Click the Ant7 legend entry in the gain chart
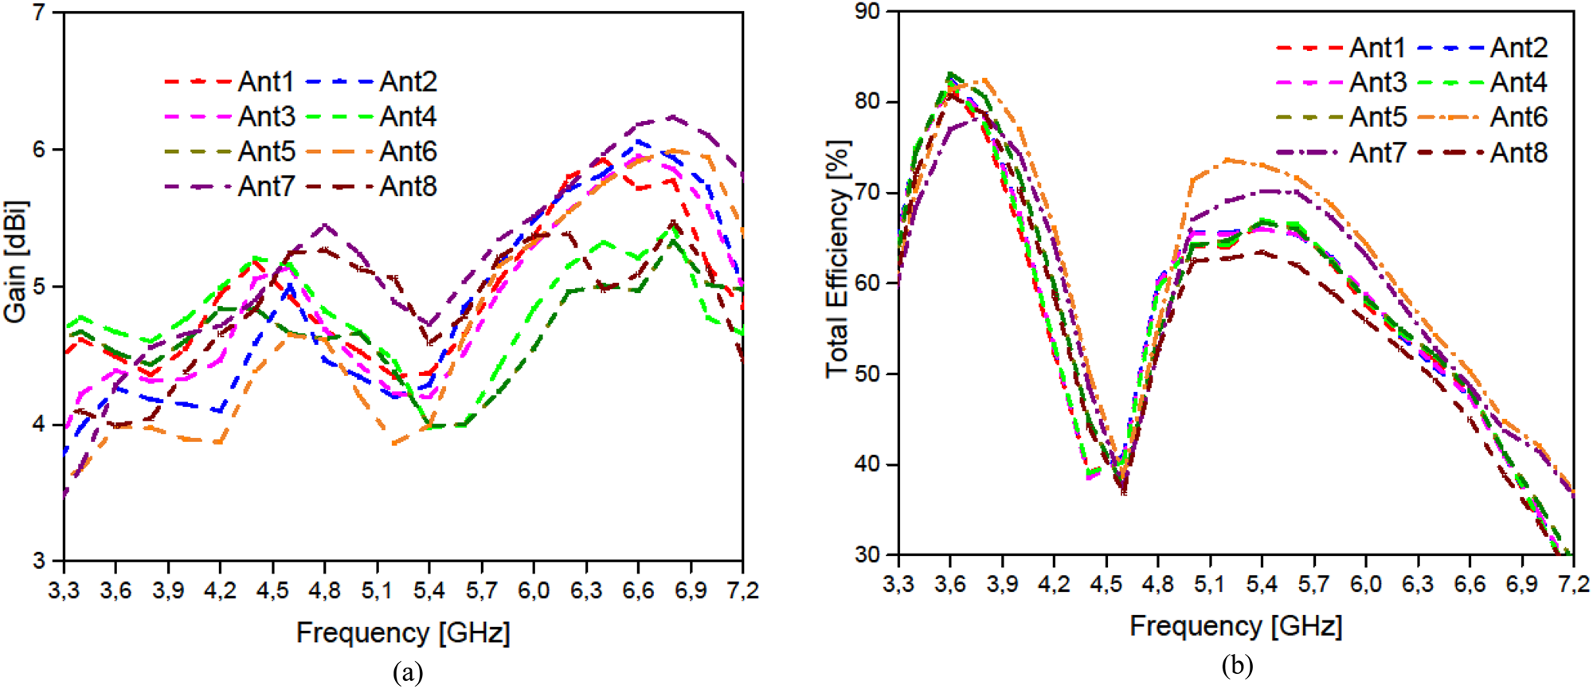point(266,186)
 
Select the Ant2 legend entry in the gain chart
point(408,81)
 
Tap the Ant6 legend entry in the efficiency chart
point(1518,117)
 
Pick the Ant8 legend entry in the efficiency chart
point(1518,152)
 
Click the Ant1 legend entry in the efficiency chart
point(1377,48)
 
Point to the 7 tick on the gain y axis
point(38,13)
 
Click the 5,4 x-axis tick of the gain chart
point(429,591)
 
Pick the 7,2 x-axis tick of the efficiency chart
point(1572,585)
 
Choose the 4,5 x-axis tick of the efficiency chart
point(1106,585)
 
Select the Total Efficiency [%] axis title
point(838,260)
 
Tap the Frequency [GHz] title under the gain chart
point(403,633)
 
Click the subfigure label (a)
point(408,673)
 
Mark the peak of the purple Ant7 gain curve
point(673,117)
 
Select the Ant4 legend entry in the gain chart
point(408,116)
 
